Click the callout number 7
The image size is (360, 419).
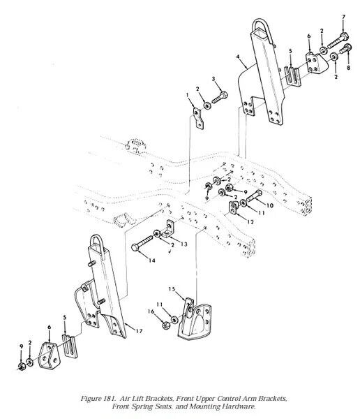pyautogui.click(x=343, y=17)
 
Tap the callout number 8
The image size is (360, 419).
pyautogui.click(x=348, y=68)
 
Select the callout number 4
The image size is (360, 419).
pyautogui.click(x=238, y=57)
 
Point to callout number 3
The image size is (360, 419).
pyautogui.click(x=213, y=79)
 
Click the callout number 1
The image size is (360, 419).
pyautogui.click(x=188, y=95)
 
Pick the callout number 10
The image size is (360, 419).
pyautogui.click(x=270, y=205)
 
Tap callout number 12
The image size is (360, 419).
pyautogui.click(x=250, y=222)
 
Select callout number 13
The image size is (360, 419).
pyautogui.click(x=184, y=244)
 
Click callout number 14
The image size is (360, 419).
pyautogui.click(x=151, y=260)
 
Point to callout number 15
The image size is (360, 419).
pyautogui.click(x=172, y=289)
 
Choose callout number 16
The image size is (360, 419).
pyautogui.click(x=151, y=311)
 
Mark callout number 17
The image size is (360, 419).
pyautogui.click(x=139, y=331)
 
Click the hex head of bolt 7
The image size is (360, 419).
pyautogui.click(x=344, y=36)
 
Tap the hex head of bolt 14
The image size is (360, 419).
pyautogui.click(x=135, y=247)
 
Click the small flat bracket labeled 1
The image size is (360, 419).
pyautogui.click(x=198, y=118)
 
